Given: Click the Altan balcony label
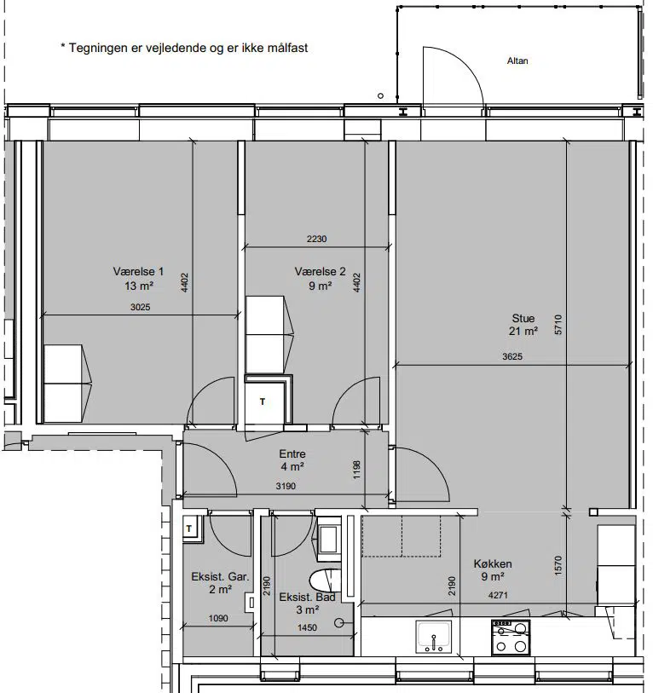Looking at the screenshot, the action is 517,61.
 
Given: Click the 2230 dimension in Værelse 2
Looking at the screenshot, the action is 316,240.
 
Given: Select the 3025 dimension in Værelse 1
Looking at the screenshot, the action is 140,307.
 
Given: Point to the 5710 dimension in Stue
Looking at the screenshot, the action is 558,325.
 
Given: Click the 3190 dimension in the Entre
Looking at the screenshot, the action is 286,486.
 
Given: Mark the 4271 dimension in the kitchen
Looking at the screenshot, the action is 498,595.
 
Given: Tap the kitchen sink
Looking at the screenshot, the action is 434,637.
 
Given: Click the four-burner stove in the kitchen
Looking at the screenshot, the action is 511,638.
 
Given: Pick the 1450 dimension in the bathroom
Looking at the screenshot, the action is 307,627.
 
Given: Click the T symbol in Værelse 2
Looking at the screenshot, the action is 263,401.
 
